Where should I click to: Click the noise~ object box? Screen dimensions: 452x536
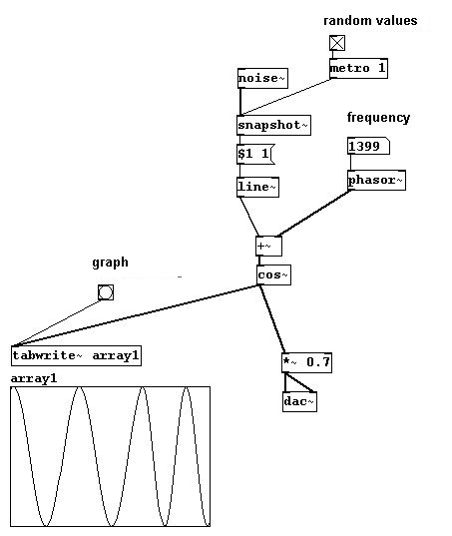[x=262, y=78]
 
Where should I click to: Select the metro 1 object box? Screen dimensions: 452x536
[x=358, y=68]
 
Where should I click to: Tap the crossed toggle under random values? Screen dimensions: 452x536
[x=337, y=43]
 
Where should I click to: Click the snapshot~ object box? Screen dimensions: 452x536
[x=273, y=125]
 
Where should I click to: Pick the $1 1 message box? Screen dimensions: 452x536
[x=255, y=154]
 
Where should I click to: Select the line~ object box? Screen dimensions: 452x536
[x=257, y=187]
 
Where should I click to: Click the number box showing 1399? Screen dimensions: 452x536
[x=368, y=147]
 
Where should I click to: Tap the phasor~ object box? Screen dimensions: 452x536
[x=376, y=180]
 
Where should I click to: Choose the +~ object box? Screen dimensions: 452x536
[x=268, y=247]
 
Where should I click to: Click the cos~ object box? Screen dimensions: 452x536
[x=274, y=274]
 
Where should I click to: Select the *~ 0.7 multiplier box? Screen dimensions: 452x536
[x=306, y=362]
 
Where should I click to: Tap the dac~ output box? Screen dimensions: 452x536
[x=299, y=401]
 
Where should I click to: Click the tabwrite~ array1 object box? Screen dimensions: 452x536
[x=76, y=356]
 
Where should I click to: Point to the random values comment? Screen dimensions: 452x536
[x=370, y=21]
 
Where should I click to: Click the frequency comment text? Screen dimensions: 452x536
[x=378, y=118]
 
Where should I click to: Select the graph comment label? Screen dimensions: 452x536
[x=111, y=263]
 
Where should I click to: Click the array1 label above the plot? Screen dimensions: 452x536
[x=34, y=378]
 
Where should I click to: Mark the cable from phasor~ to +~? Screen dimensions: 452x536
[x=314, y=213]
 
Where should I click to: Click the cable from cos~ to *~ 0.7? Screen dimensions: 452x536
[x=272, y=319]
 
